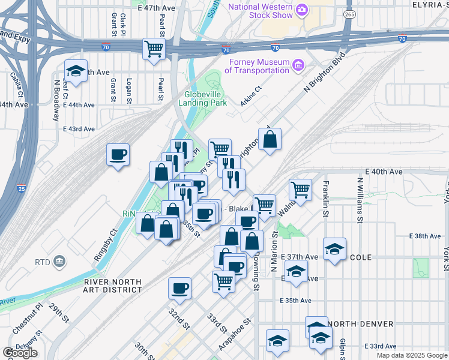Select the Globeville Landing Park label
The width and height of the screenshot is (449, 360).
pos(202,98)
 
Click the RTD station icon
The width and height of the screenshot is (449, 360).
pos(59,262)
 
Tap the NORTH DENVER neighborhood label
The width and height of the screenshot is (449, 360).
pos(362,324)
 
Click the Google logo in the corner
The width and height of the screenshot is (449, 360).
pos(19,353)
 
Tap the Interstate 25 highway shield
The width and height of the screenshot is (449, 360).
pos(21,188)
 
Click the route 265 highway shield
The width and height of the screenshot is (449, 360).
pos(348,13)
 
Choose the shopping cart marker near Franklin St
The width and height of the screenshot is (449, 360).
pos(300,190)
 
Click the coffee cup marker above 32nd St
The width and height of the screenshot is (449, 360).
pos(179,288)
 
